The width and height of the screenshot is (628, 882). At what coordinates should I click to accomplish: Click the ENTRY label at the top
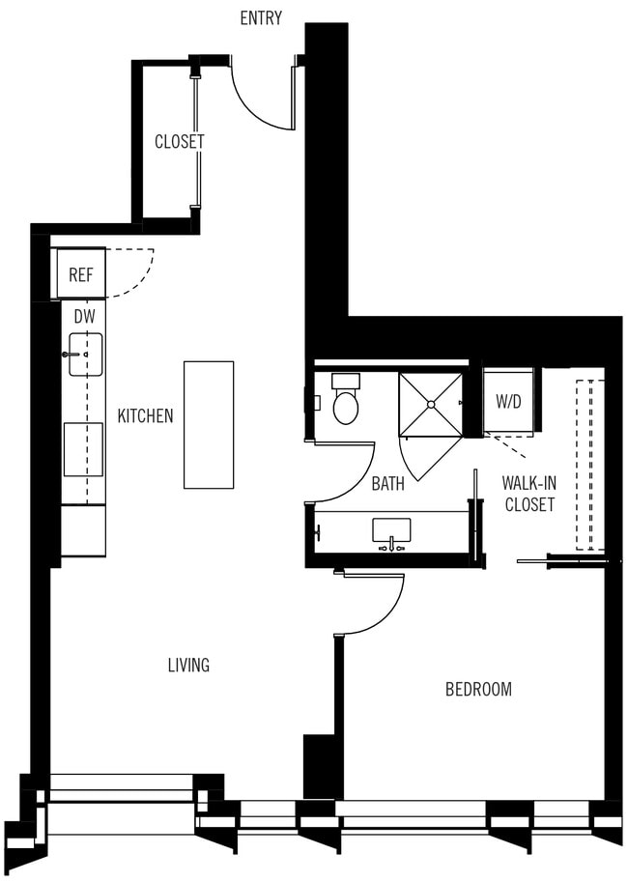(261, 18)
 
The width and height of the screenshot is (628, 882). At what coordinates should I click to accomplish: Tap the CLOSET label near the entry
(180, 141)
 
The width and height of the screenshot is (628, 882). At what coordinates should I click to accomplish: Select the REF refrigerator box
(80, 274)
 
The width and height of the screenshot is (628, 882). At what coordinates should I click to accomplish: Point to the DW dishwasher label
(84, 316)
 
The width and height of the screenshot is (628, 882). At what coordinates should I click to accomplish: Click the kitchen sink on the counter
(85, 354)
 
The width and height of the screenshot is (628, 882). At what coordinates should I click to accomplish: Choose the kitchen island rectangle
(209, 424)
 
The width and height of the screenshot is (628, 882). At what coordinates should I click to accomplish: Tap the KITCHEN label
(145, 416)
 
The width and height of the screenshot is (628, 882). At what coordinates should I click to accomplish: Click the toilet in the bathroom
(345, 401)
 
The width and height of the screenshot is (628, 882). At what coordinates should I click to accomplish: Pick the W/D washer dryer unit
(508, 401)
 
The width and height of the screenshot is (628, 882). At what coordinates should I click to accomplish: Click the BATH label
(388, 484)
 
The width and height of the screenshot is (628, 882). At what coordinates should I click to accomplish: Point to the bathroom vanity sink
(391, 530)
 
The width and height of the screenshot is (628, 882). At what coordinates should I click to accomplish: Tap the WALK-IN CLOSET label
(528, 493)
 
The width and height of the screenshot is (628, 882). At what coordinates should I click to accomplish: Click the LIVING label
(188, 665)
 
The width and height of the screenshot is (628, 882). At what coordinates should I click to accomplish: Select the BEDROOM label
(478, 689)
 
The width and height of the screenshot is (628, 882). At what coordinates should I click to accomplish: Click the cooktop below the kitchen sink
(83, 449)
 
